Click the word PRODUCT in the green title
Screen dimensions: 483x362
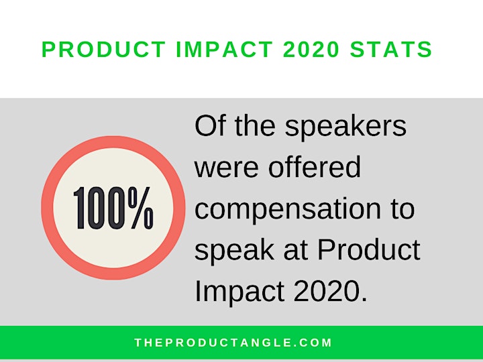tap(103, 49)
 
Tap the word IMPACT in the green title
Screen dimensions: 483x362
tap(224, 49)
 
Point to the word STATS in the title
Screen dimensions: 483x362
tap(391, 49)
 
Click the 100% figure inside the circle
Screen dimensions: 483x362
tap(113, 208)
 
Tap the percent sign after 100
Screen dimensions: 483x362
tap(141, 208)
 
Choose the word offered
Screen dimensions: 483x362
tap(314, 166)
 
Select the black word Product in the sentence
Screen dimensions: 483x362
tap(369, 249)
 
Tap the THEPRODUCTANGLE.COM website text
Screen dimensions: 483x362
tap(233, 343)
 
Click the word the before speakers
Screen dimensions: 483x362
tap(255, 125)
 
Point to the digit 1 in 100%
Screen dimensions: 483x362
tap(79, 208)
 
